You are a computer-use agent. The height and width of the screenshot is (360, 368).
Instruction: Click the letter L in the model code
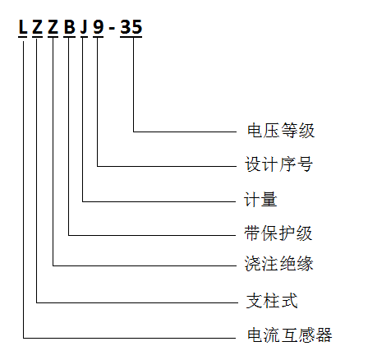click(x=23, y=27)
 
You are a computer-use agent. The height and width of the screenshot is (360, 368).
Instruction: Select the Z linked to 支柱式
click(x=38, y=27)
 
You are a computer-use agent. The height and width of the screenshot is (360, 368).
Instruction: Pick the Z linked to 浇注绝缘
click(x=53, y=27)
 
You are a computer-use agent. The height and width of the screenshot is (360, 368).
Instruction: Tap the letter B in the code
click(x=70, y=27)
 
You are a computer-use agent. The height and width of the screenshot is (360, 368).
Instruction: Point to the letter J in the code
click(x=84, y=27)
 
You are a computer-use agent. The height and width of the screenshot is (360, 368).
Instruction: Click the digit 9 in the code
click(x=99, y=27)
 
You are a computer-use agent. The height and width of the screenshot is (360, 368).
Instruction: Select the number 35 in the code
click(x=131, y=27)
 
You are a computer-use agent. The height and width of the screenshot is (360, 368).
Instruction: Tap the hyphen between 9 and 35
click(x=112, y=29)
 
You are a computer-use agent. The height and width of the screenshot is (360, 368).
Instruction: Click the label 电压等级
click(x=281, y=131)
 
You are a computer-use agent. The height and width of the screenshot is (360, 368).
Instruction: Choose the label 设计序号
click(x=278, y=164)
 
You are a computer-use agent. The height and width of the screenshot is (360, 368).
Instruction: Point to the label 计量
click(x=260, y=199)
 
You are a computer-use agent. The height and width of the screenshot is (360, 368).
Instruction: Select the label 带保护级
click(x=278, y=233)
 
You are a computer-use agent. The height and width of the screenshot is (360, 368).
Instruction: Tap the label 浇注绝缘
click(x=278, y=264)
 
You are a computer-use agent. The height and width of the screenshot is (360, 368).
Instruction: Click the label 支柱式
click(x=272, y=301)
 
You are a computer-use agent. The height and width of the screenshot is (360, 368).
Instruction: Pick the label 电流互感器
click(x=289, y=335)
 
